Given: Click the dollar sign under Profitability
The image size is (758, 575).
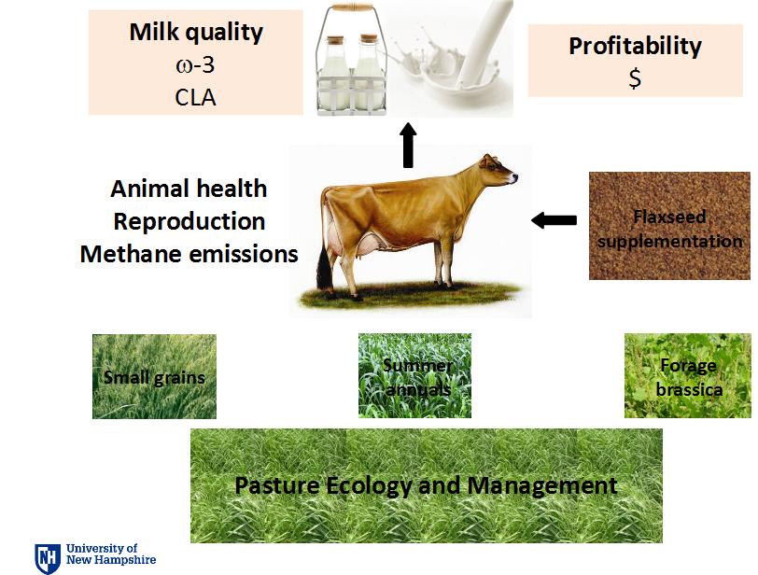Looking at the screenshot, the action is [x=635, y=77].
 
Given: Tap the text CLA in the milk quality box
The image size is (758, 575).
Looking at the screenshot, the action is [x=195, y=97].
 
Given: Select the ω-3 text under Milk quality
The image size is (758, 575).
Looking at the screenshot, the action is [x=195, y=64].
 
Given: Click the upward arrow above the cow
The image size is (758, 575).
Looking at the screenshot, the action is [x=409, y=145].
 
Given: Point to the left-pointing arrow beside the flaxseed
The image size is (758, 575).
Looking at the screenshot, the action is [x=554, y=220].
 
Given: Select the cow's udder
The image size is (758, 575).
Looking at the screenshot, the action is [x=369, y=242].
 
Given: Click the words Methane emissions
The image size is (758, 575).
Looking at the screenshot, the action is [x=189, y=254].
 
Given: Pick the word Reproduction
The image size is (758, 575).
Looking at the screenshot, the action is [x=189, y=221].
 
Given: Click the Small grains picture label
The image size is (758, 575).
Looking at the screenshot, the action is [x=154, y=377].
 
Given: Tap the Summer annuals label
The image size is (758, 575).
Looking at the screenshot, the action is [x=416, y=377].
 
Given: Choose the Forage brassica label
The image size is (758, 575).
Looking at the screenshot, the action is [x=689, y=377].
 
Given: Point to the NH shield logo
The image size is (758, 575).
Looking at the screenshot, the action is [x=48, y=558].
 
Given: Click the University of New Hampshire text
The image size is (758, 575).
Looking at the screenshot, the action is [x=111, y=554].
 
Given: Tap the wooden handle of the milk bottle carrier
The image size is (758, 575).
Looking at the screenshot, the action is [x=351, y=7].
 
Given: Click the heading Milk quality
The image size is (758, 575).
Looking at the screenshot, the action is [x=196, y=33].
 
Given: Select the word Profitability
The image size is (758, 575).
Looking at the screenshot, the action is [x=635, y=47].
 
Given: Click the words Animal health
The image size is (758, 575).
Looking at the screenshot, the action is [x=189, y=189].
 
